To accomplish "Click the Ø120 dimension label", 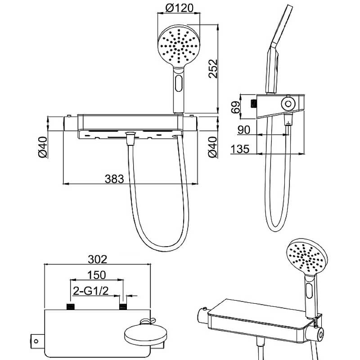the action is (x=179, y=8).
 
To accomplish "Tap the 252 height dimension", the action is (x=213, y=69).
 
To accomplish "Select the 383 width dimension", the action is (x=114, y=179).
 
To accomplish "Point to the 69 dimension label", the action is (x=235, y=107).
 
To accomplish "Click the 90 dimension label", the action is (x=243, y=130).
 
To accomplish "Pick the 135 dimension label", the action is (x=240, y=149).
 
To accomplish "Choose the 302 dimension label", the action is (x=98, y=259).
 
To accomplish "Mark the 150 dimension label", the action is (x=96, y=275).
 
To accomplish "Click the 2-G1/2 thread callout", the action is (x=90, y=291).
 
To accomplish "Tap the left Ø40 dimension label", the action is (x=43, y=147).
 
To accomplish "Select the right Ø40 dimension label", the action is (x=212, y=147).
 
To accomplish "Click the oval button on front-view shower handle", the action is (x=178, y=84).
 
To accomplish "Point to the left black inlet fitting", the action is (x=71, y=307).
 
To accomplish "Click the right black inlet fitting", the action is (x=123, y=307).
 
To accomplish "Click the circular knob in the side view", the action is (x=288, y=104).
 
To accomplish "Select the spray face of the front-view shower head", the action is (x=179, y=45).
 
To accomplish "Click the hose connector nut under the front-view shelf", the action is (x=130, y=138).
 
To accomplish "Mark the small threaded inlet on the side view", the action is (x=253, y=104).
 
